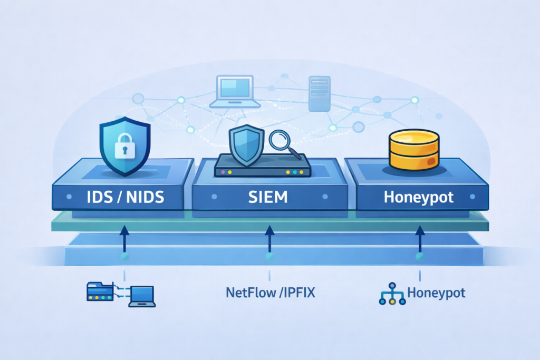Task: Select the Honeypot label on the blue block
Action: (x=418, y=198)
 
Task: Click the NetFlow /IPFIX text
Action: (x=270, y=293)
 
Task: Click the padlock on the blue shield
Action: (x=124, y=148)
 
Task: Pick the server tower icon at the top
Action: (x=320, y=94)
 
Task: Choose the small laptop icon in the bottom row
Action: (x=142, y=296)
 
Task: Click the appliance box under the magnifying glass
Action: (x=262, y=167)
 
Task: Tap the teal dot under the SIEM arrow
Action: (x=269, y=257)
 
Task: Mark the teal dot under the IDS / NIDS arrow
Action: (x=124, y=257)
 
